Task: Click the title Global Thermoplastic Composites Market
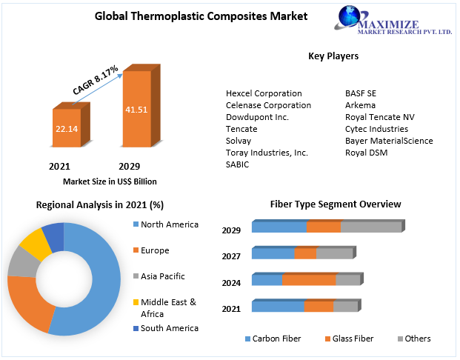pos(201,16)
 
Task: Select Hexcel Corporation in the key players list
pos(264,93)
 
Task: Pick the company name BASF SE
pos(361,93)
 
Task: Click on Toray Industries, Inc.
pos(267,153)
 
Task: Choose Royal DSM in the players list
pos(366,153)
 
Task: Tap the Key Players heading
pos(333,56)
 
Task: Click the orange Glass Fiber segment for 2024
pos(309,280)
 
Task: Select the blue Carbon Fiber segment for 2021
pos(278,307)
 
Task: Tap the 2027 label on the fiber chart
pos(231,256)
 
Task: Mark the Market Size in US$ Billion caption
pos(110,181)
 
